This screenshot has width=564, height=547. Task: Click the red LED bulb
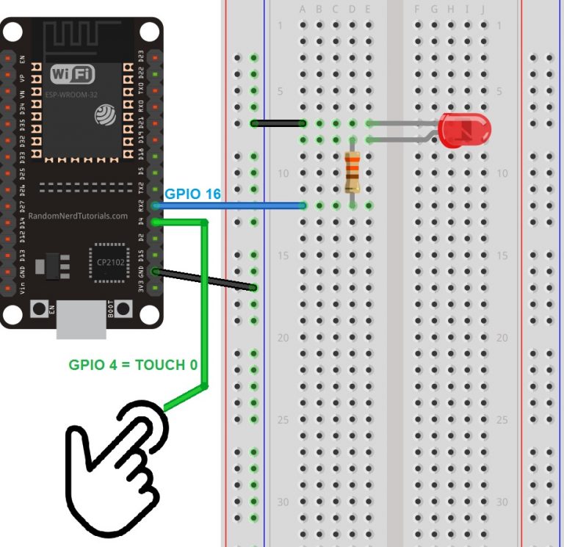tap(464, 130)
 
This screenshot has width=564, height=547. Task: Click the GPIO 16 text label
tap(192, 194)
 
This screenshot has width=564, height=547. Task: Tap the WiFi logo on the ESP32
tap(72, 74)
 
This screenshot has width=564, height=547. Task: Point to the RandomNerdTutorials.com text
tap(78, 216)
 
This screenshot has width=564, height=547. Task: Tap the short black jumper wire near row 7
tap(278, 123)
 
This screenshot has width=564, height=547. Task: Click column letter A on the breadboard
tap(303, 10)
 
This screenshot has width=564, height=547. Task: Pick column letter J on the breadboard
tap(482, 10)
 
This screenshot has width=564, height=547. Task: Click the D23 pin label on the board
tap(142, 57)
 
